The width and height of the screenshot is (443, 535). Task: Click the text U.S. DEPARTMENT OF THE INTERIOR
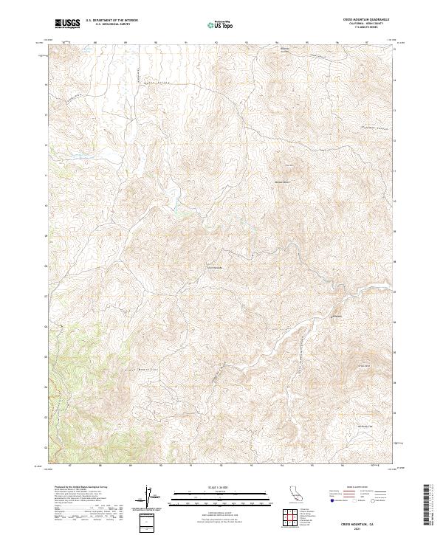click(111, 21)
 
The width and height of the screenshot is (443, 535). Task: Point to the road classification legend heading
click(360, 488)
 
